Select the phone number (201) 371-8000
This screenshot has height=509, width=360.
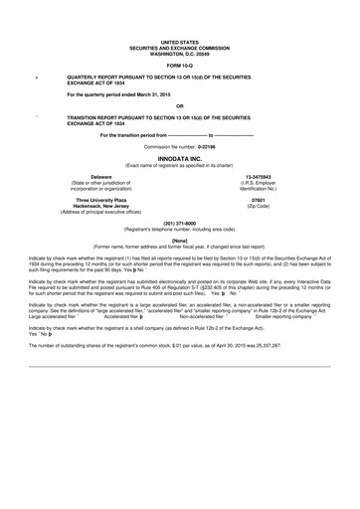point(179,223)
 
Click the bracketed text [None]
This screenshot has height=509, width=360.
point(179,240)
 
